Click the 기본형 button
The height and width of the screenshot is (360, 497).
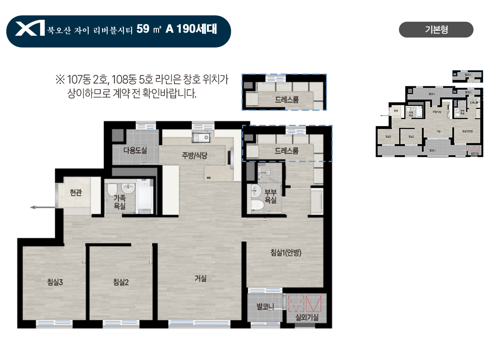436,30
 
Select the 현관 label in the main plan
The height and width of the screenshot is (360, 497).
76,193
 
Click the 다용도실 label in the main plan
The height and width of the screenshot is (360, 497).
135,150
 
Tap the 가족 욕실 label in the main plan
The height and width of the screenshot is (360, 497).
120,202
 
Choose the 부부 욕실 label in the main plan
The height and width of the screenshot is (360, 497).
270,196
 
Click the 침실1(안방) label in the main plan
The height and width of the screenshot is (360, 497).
286,253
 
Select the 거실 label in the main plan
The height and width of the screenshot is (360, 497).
200,279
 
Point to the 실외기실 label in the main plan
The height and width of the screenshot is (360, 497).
307,317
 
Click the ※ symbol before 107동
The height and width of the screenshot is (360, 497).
60,81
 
